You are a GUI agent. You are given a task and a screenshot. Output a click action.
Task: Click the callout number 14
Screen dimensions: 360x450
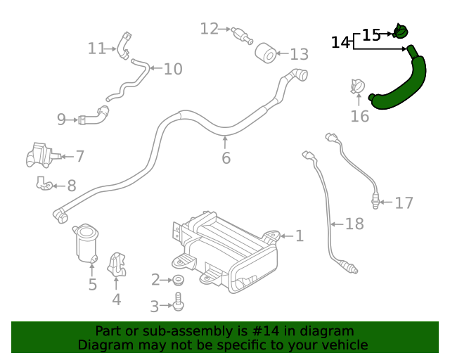(x=340, y=43)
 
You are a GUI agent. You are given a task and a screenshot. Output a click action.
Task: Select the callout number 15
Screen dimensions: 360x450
(x=371, y=34)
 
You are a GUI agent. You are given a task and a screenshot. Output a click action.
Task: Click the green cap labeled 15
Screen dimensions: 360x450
(x=401, y=31)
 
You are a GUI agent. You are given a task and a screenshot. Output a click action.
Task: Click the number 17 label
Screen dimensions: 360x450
(x=404, y=203)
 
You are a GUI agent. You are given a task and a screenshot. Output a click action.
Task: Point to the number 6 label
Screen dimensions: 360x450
(x=226, y=158)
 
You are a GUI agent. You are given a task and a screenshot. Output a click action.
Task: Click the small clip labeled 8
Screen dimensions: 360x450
(x=44, y=184)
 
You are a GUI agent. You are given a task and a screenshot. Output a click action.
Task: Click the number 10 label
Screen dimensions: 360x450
(x=173, y=69)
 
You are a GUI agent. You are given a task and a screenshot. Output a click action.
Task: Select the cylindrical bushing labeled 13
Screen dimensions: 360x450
(x=264, y=53)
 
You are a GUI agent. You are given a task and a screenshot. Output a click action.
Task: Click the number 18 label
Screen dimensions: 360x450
(x=354, y=224)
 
